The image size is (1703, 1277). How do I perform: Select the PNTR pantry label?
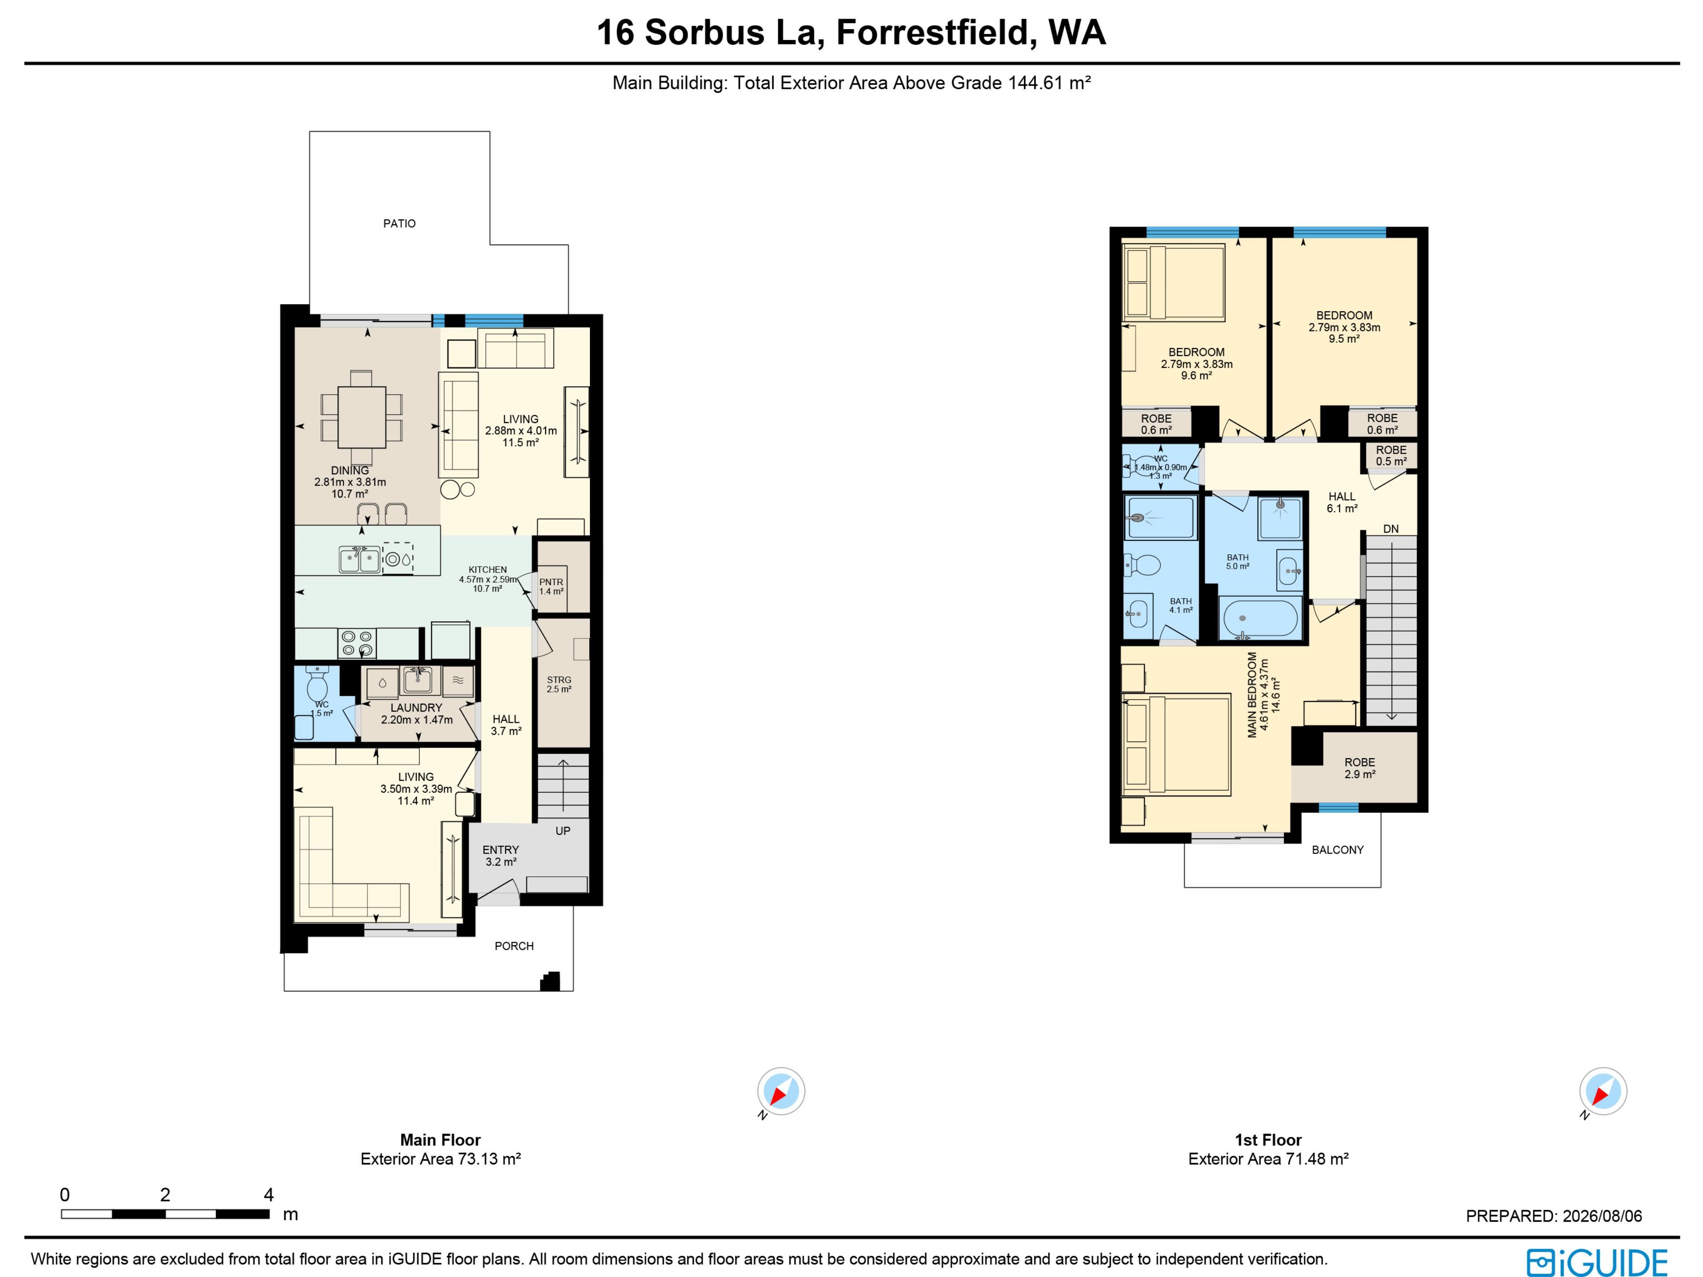click(551, 582)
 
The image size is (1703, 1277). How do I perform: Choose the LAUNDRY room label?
click(416, 707)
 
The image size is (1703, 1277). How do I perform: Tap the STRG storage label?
click(559, 680)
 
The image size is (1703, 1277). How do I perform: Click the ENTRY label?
click(500, 850)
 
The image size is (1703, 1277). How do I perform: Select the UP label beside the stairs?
click(563, 830)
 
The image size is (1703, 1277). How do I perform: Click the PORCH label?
click(514, 946)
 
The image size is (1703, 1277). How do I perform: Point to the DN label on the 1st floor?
click(1390, 529)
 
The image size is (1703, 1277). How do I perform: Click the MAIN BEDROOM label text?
click(1252, 695)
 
